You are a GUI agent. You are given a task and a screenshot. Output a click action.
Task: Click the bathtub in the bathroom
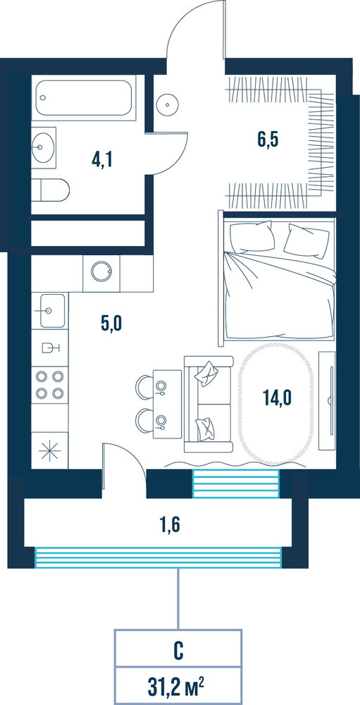coord(84,97)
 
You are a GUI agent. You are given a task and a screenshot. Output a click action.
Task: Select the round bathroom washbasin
coord(44,147)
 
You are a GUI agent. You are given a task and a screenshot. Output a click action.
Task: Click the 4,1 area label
coord(101,159)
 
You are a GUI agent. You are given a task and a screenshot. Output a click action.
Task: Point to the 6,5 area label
coord(268,140)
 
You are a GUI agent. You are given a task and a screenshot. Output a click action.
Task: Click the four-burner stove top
coord(49,384)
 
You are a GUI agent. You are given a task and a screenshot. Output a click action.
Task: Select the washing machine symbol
coord(101,272)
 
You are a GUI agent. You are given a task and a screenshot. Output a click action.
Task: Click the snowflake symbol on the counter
coord(49,451)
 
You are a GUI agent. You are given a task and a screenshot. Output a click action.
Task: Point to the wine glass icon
coord(51,348)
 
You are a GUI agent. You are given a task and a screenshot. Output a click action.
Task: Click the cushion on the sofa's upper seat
coord(206,373)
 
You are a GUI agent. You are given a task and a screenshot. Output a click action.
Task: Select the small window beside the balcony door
coord(236,484)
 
